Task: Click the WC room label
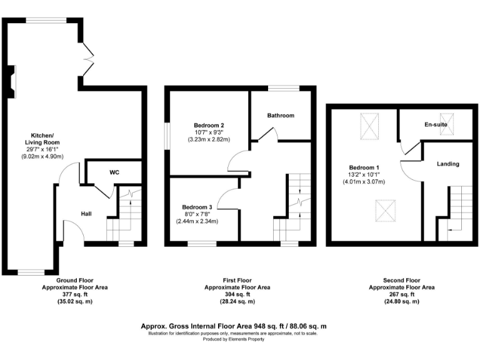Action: coord(114,172)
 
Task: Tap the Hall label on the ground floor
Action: coord(86,214)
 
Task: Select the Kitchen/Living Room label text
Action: coord(43,139)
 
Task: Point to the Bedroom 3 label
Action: coord(197,207)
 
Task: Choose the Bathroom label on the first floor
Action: coord(280,116)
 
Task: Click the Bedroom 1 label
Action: coord(363,167)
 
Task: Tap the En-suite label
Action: coord(436,125)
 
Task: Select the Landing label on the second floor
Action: coord(448,164)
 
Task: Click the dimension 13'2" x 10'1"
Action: coord(363,175)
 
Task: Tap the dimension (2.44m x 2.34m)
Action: coord(197,222)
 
